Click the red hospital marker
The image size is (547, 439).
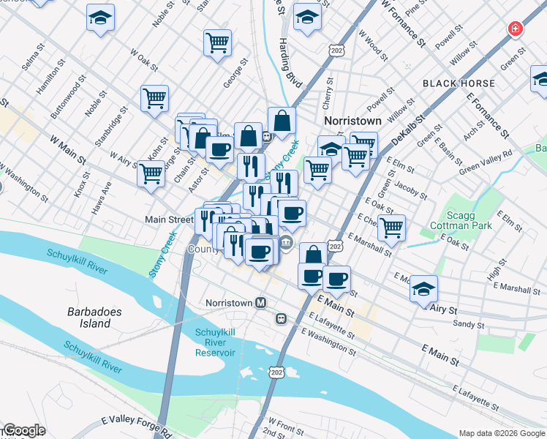click(516, 29)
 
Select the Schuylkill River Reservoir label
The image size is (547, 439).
click(216, 342)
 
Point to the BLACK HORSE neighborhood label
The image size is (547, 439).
click(453, 84)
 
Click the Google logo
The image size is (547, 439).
click(24, 431)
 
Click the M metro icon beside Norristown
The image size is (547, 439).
click(260, 302)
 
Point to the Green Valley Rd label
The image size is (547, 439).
click(486, 162)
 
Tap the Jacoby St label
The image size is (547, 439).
click(412, 186)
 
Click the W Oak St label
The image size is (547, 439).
click(144, 59)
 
